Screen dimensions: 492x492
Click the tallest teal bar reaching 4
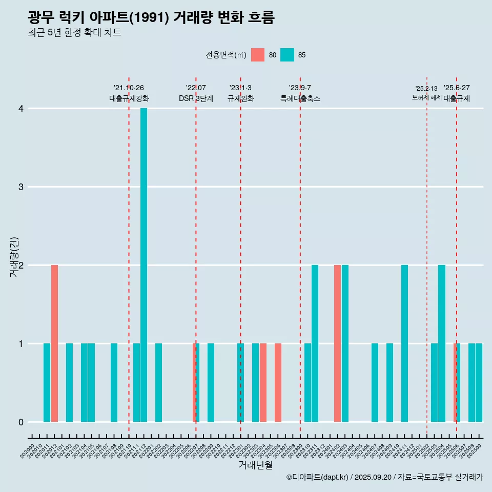144,265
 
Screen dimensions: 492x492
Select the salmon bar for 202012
54,343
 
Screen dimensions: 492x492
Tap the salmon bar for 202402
337,343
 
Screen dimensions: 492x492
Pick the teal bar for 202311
315,343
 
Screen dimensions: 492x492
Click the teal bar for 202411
404,343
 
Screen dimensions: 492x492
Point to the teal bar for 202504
442,343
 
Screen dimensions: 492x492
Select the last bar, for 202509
479,382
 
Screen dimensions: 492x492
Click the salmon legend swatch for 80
258,55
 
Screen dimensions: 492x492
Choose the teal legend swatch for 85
288,55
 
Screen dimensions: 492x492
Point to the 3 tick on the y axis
21,187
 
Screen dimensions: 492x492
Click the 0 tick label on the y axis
21,422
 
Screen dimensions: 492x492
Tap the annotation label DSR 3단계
196,98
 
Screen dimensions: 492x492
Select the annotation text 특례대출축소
300,98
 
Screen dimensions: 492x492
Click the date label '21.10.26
129,88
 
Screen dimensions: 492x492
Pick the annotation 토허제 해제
427,97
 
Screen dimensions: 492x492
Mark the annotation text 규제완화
241,98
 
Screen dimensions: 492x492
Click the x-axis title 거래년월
255,465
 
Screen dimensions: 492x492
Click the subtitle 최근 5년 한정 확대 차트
74,33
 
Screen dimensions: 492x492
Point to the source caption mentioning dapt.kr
384,477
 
